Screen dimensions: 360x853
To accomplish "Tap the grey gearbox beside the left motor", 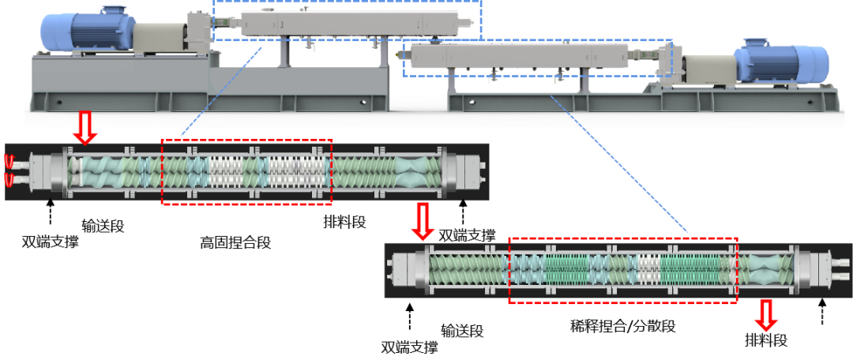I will click(x=158, y=39).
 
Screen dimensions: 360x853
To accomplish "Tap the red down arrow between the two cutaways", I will click(x=423, y=222).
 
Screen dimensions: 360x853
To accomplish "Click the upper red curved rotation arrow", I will click(x=10, y=162).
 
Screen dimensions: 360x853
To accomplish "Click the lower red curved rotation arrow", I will click(x=10, y=181).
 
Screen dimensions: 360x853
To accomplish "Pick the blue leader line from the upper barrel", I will click(x=221, y=91).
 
